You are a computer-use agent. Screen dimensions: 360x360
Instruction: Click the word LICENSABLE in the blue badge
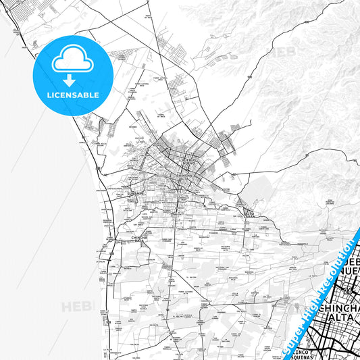(74, 95)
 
